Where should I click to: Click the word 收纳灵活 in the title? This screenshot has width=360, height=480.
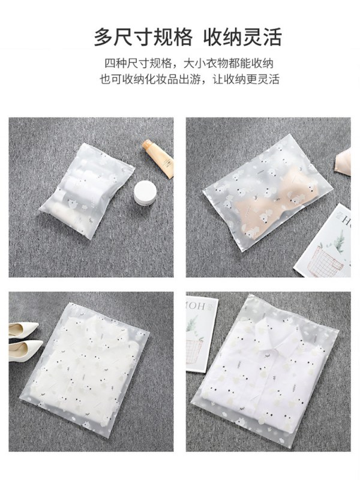pos(242,37)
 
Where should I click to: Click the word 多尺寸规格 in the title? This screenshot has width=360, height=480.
pos(143,37)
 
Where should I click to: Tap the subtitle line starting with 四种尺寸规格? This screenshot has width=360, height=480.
pos(189,64)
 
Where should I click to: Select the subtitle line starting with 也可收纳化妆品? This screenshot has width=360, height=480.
pos(190,79)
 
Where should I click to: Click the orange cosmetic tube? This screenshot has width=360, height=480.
pos(158,158)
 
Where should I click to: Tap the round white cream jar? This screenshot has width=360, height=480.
pos(145,193)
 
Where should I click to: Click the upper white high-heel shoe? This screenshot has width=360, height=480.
pos(23,329)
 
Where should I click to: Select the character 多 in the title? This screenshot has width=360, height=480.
pos(104,37)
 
